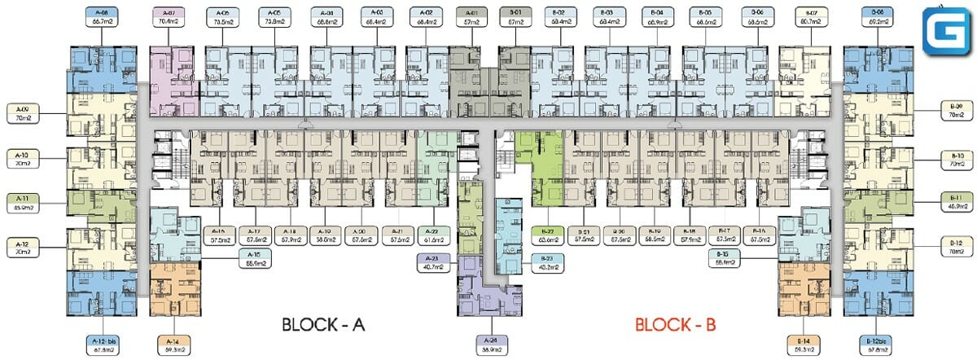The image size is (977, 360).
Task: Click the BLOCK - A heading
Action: pos(322,325)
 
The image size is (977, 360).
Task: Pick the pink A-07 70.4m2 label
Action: pos(169,18)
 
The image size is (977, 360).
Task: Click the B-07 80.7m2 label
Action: pos(811,18)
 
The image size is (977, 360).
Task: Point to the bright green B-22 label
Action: pos(546,235)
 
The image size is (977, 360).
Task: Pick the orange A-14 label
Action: pos(171,345)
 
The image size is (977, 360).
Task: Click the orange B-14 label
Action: pos(804,345)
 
